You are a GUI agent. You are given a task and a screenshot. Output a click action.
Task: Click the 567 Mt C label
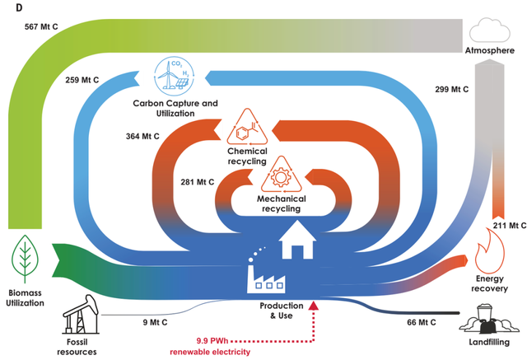point(37,27)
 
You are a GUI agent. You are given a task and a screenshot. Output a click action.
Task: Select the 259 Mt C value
point(85,81)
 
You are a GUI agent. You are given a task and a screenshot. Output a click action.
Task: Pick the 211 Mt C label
point(507,224)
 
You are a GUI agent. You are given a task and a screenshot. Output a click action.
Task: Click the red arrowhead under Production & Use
point(315,306)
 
